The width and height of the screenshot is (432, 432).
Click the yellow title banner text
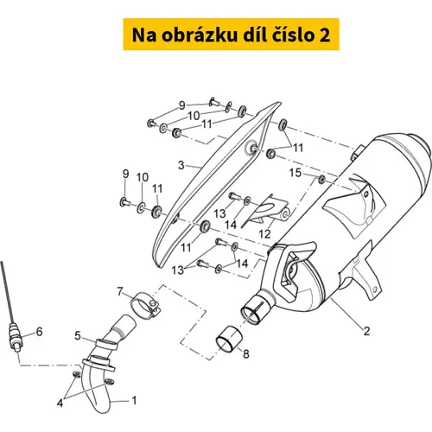231,35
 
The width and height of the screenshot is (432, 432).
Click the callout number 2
366,331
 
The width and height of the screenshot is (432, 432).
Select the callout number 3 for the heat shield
181,165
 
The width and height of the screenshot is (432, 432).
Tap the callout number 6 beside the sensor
39,332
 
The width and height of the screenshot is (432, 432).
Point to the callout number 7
120,291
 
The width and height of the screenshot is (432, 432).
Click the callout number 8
245,354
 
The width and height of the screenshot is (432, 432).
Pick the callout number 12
264,234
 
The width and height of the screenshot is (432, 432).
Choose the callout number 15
295,173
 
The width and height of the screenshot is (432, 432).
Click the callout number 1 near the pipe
134,400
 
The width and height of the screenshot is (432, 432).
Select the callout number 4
60,403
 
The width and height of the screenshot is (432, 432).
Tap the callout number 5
78,336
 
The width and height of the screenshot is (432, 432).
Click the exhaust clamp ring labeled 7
145,305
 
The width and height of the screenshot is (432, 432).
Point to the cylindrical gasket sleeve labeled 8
229,339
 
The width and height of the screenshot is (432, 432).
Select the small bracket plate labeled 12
266,211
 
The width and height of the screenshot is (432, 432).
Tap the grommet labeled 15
321,179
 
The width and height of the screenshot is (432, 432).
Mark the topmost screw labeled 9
213,101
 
